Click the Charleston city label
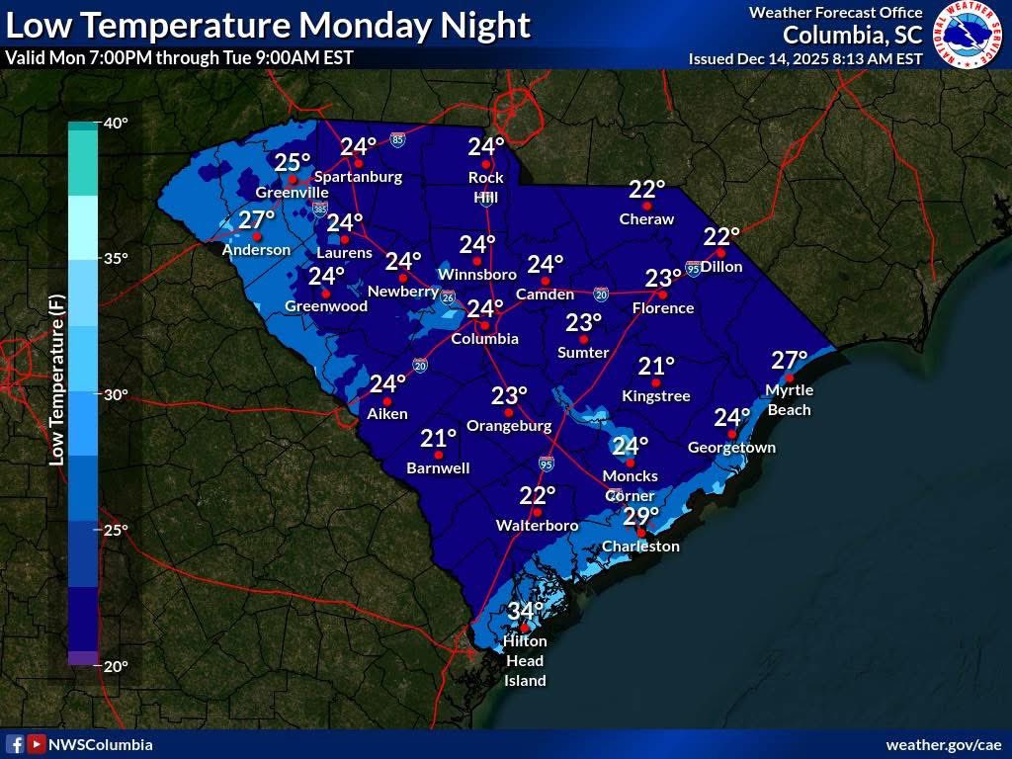pos(641,547)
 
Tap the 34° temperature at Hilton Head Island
pos(526,610)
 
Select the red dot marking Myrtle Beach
pos(789,378)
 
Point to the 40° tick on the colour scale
pos(116,124)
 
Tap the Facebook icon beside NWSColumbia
pos(15,744)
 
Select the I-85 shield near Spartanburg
pos(396,140)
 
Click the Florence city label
pos(663,308)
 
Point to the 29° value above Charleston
pos(640,516)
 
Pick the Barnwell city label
pos(438,468)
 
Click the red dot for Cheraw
pos(646,206)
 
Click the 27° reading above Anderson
pos(256,220)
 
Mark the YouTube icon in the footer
pos(36,744)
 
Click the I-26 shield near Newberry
pos(448,297)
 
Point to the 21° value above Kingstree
pos(655,367)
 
